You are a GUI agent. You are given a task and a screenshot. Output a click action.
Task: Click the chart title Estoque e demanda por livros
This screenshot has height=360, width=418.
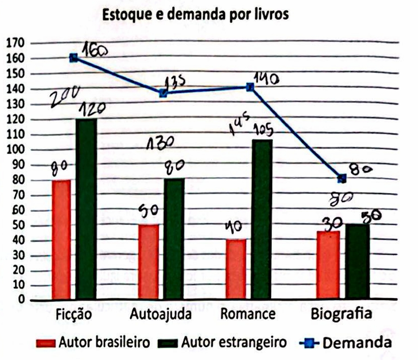point(196,15)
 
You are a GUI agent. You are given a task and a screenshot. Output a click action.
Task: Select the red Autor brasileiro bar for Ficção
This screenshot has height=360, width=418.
point(61,240)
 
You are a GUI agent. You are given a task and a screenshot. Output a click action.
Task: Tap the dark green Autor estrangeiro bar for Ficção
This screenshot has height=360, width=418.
point(86,209)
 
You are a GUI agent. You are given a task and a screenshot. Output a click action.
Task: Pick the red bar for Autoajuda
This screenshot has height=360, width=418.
point(148,262)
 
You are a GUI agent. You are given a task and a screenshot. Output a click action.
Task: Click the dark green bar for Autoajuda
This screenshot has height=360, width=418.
point(173,239)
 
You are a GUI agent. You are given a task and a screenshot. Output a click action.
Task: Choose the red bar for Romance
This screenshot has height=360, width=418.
point(235,270)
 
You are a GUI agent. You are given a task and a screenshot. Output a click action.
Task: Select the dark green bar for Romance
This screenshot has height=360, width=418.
point(261,219)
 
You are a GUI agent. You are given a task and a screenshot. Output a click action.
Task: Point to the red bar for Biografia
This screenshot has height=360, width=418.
point(328,265)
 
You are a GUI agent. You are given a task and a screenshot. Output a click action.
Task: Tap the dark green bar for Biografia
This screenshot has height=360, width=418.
point(357,261)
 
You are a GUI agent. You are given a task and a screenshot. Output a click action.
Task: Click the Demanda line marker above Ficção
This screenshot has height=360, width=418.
point(74,58)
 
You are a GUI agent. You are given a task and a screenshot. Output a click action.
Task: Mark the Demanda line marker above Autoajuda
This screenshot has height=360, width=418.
point(163,93)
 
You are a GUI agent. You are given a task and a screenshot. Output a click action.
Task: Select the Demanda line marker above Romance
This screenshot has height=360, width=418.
point(250,87)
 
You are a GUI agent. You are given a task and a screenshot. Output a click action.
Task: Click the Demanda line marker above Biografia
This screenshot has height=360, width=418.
point(342,179)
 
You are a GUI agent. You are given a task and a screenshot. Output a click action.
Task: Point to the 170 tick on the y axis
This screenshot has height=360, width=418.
point(14,43)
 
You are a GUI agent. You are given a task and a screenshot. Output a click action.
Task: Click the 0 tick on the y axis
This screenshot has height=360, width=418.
point(21,300)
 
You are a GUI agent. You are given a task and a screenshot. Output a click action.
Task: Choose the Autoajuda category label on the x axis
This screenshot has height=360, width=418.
point(161,314)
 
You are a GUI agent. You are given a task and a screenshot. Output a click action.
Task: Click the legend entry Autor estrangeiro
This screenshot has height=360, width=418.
point(222,343)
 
